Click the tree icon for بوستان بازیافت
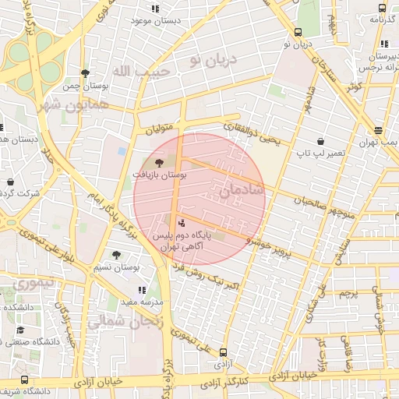pyautogui.click(x=160, y=164)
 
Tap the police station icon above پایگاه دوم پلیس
pyautogui.click(x=182, y=223)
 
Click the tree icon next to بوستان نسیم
pyautogui.click(x=116, y=255)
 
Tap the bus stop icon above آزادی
pyautogui.click(x=224, y=352)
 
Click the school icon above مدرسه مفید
pyautogui.click(x=142, y=290)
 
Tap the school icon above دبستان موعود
pyautogui.click(x=155, y=9)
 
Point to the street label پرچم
pyautogui.click(x=348, y=293)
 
